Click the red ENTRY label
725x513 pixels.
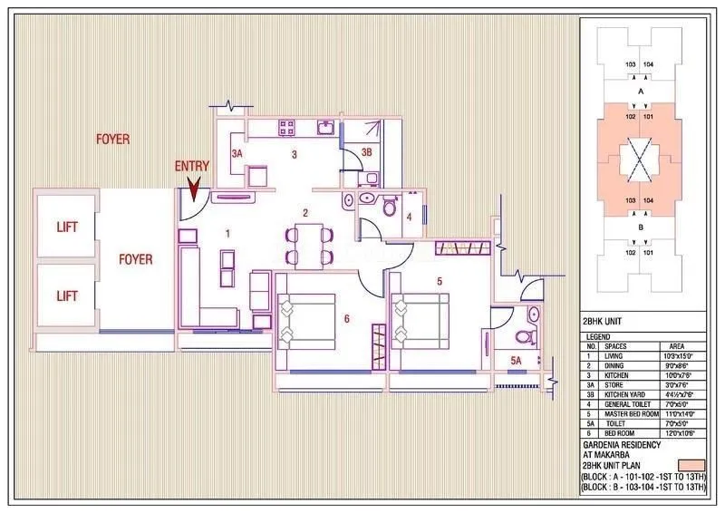pos(192,167)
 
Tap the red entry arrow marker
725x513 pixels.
pos(193,189)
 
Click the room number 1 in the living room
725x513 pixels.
pos(227,235)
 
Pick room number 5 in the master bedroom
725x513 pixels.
pos(440,282)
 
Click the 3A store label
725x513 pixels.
pos(237,155)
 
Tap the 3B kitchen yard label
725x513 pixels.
pos(366,153)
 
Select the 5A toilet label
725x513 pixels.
pos(516,363)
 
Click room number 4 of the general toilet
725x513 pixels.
pos(410,218)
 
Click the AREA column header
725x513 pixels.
pos(675,346)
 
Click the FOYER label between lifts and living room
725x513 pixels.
pos(136,259)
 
